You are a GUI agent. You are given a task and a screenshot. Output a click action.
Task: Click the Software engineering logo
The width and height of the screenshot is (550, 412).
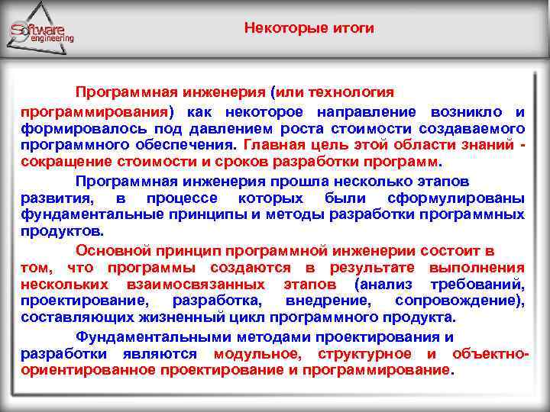pyautogui.click(x=42, y=33)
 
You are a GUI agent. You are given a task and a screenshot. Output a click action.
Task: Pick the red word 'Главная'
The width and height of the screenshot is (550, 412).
pyautogui.click(x=272, y=145)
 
